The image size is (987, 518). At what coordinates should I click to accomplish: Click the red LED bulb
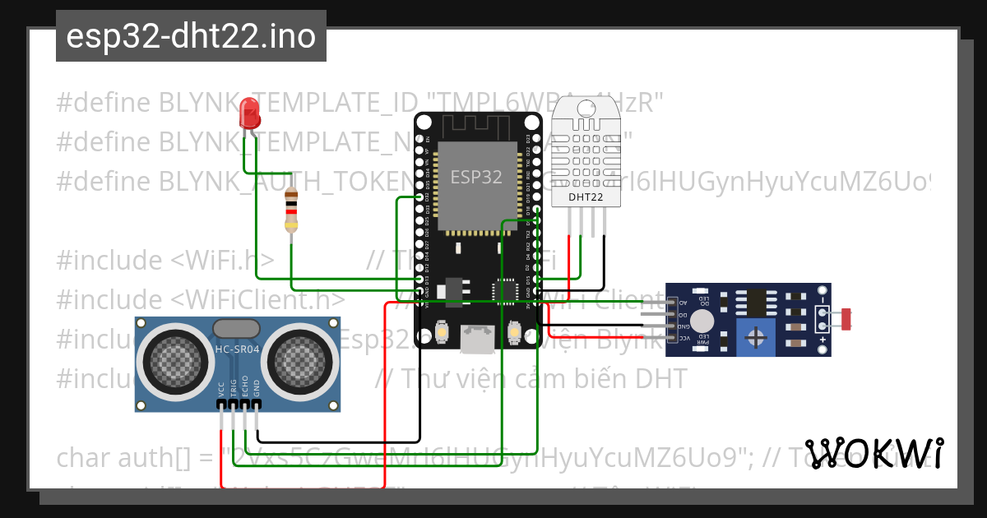pyautogui.click(x=248, y=113)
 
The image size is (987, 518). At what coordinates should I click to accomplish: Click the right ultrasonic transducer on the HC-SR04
pyautogui.click(x=301, y=359)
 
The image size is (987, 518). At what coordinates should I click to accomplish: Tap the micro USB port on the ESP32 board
pyautogui.click(x=476, y=340)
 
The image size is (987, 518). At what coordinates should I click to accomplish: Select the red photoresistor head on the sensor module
pyautogui.click(x=845, y=318)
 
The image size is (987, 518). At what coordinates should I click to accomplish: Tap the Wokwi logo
pyautogui.click(x=873, y=453)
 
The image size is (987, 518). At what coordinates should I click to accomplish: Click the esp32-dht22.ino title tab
pyautogui.click(x=191, y=36)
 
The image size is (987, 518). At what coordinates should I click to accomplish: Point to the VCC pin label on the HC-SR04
pyautogui.click(x=221, y=390)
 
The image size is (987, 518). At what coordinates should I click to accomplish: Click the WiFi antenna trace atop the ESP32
pyautogui.click(x=477, y=125)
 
